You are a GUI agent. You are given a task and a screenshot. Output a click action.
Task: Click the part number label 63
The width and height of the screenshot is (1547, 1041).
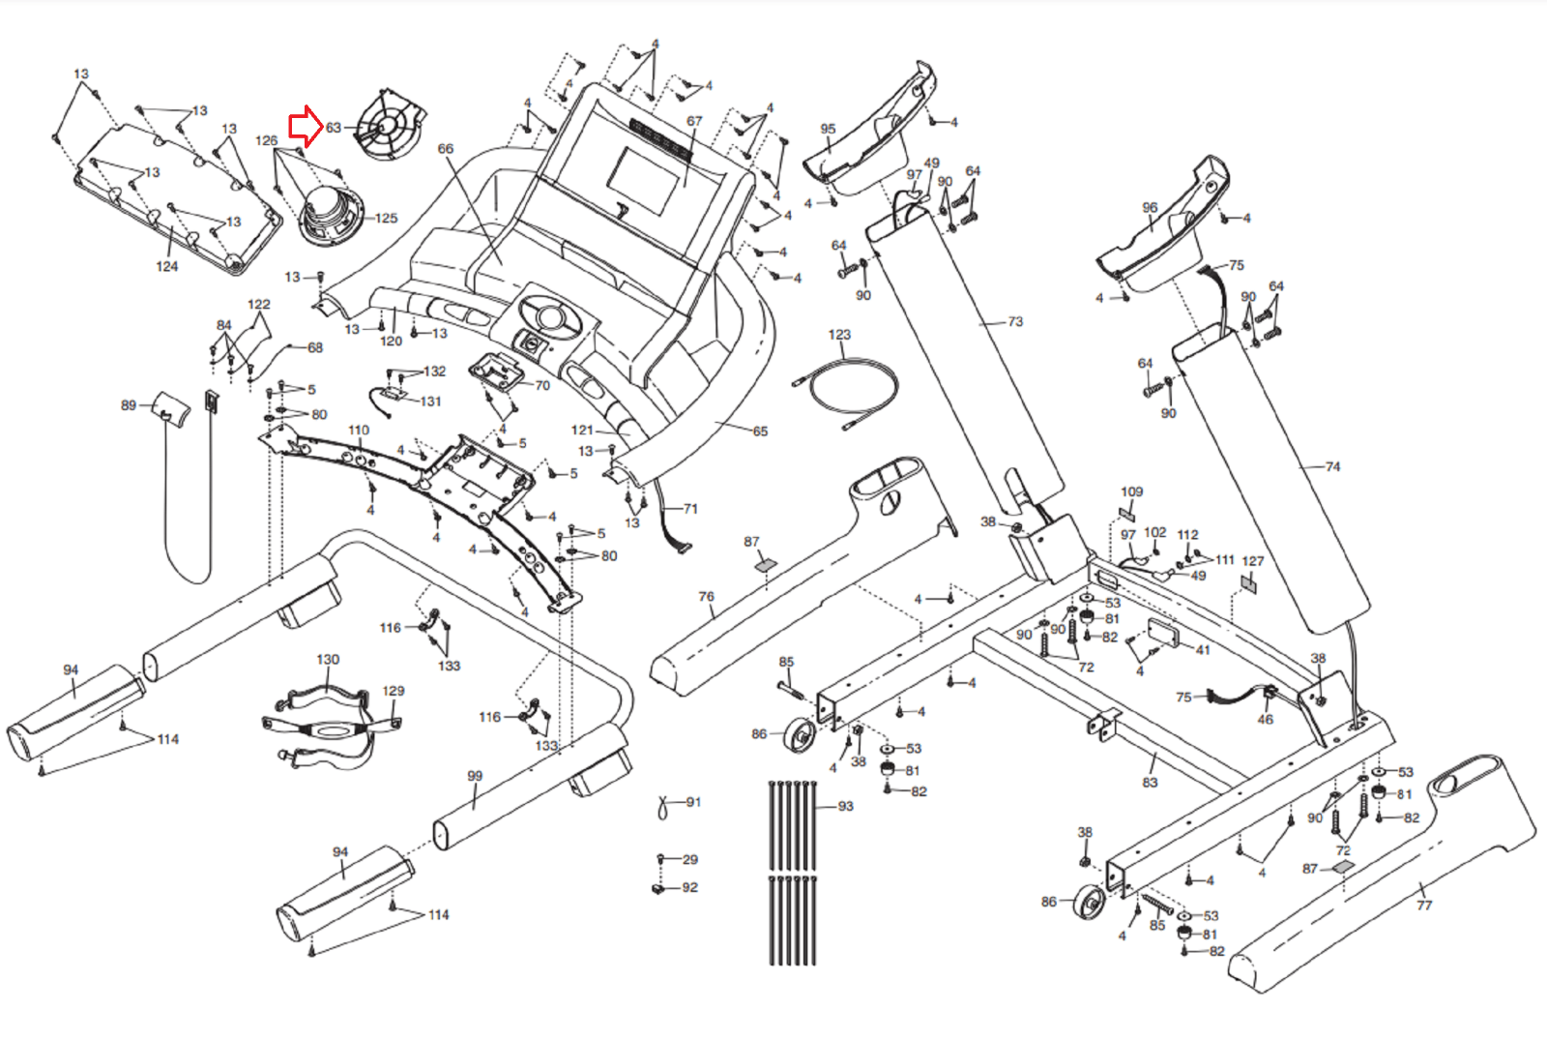[x=334, y=128]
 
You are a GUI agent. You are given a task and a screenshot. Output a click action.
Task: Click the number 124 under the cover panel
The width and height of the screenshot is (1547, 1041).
[x=167, y=266]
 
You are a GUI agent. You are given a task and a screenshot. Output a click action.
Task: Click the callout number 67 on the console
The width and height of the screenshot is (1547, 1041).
[x=694, y=121]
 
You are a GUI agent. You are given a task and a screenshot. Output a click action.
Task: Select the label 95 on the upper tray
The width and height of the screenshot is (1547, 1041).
[x=828, y=129]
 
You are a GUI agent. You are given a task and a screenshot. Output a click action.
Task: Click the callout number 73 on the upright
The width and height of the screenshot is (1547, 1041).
[x=1014, y=321]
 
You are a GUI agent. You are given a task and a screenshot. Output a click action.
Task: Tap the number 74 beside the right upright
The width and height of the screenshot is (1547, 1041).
[x=1332, y=466]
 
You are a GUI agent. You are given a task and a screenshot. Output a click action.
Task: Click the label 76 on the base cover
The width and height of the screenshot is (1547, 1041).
[x=707, y=597]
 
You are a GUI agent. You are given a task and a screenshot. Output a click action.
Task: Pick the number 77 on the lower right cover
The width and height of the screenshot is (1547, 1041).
[x=1423, y=905]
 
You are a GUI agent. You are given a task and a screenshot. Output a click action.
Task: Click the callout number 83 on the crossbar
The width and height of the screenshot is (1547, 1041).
[x=1150, y=782]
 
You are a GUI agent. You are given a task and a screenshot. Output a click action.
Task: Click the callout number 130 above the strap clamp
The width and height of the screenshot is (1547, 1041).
[x=328, y=659]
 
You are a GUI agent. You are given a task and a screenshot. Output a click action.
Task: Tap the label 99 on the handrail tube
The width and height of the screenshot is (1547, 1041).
[x=475, y=776]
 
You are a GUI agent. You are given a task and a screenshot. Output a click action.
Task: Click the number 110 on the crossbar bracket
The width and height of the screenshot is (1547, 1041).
[x=359, y=430]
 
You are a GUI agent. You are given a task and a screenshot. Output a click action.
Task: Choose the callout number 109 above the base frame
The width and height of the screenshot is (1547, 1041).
[x=1132, y=491]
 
